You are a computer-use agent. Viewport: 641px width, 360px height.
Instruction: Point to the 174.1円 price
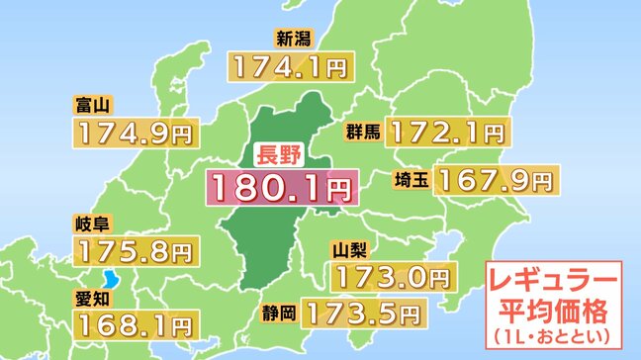286,66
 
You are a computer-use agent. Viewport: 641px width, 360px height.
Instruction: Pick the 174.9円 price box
136,133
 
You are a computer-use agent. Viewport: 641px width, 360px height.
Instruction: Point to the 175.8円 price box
136,250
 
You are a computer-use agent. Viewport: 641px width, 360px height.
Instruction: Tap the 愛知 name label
91,295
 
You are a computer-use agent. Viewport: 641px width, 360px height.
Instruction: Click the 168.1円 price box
136,322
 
